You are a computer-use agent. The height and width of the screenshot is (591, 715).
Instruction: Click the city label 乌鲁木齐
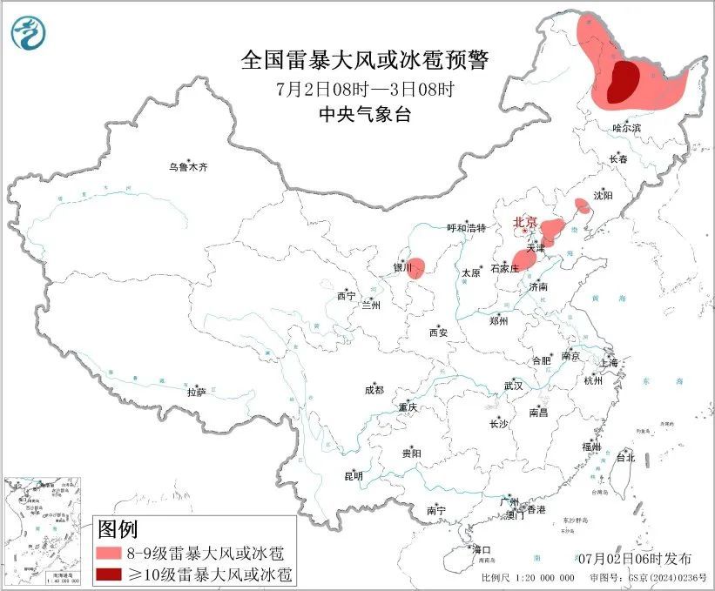[189, 167]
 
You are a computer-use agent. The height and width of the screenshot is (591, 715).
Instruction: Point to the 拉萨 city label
[196, 393]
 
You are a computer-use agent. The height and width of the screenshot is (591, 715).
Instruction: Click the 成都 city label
[375, 391]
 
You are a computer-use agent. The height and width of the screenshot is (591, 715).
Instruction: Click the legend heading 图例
[118, 528]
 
